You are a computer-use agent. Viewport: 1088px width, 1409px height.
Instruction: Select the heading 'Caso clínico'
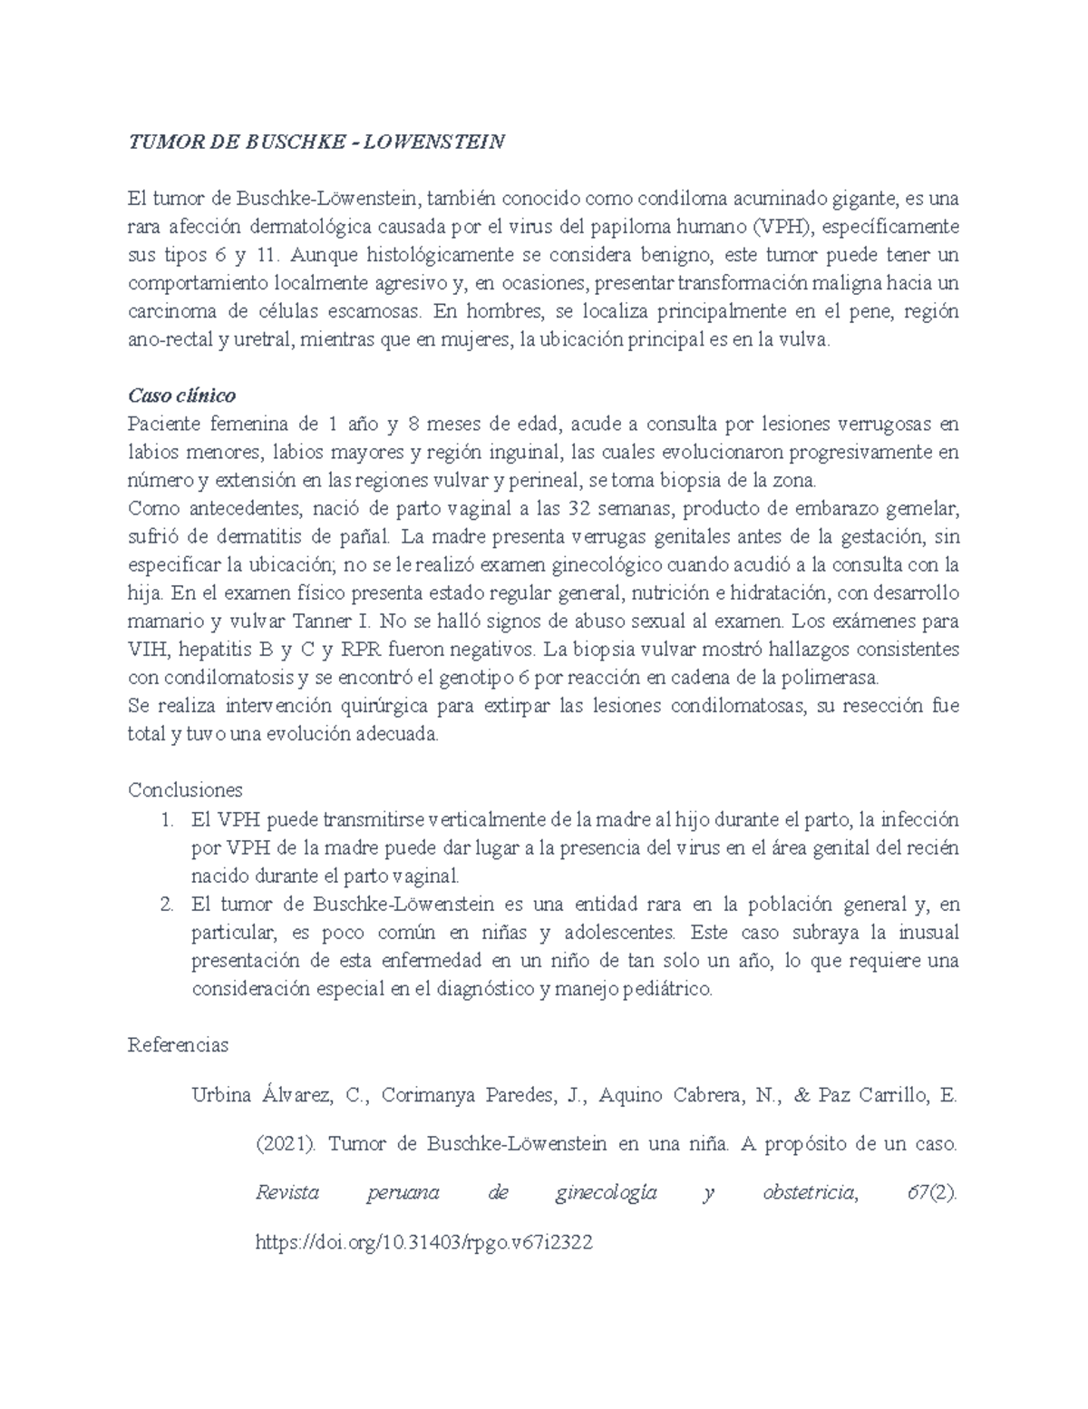click(181, 396)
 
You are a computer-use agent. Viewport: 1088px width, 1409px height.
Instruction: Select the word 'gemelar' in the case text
click(926, 509)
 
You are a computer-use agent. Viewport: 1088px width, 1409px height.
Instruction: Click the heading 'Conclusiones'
click(185, 789)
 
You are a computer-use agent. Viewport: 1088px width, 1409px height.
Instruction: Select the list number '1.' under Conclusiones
click(165, 820)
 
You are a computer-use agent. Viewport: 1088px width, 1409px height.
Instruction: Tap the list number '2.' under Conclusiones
click(165, 905)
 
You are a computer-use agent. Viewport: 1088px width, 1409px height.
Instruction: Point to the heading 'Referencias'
click(179, 1044)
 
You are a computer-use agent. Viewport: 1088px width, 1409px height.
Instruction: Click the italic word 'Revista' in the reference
click(287, 1193)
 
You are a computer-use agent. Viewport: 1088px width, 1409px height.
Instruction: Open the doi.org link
click(425, 1243)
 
